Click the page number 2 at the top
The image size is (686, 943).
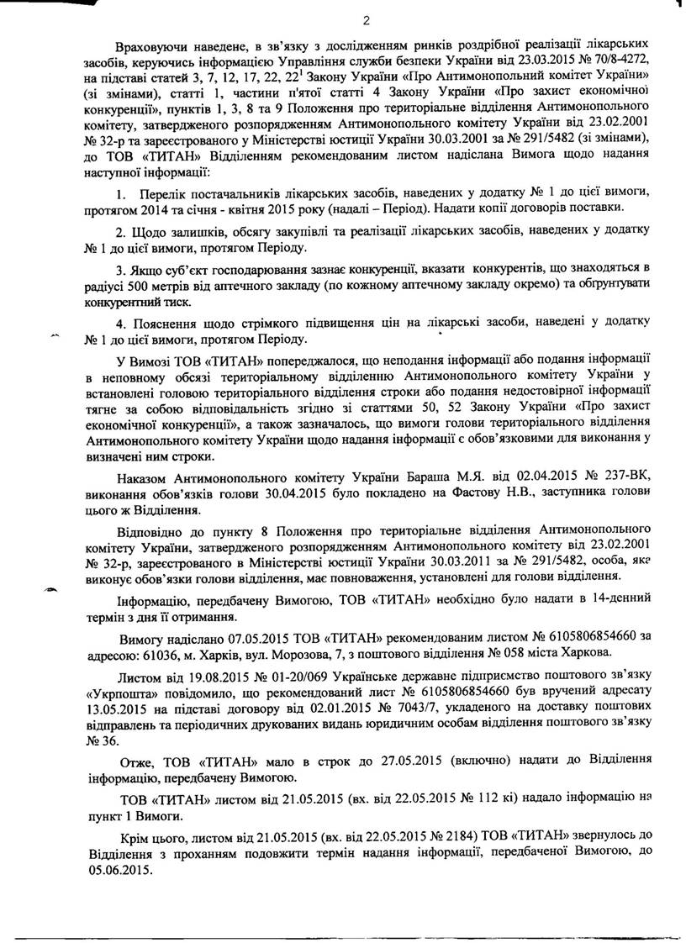[367, 22]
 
